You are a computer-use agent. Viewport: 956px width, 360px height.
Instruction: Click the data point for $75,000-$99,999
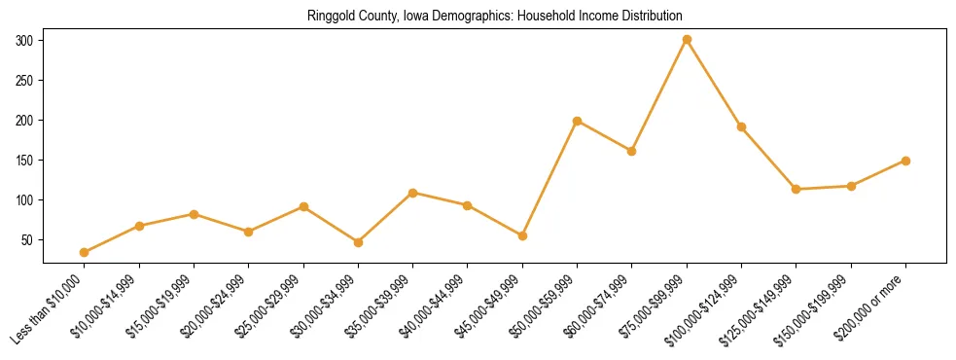tap(687, 40)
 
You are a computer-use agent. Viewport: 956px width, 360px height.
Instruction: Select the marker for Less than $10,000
tap(85, 252)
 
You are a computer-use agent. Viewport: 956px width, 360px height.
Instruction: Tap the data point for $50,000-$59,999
tap(578, 122)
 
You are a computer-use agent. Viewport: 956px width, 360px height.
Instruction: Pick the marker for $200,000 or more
tap(905, 161)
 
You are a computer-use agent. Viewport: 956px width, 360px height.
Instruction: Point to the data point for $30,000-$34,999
tap(358, 242)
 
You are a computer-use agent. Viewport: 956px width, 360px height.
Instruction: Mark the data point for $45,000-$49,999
tap(522, 235)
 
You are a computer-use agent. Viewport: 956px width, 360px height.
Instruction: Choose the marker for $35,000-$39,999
tap(413, 193)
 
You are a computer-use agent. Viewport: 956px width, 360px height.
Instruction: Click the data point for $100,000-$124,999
tap(742, 126)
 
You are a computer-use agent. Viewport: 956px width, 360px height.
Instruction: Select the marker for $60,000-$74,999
tap(632, 151)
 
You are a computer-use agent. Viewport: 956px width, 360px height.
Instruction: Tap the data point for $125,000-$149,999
tap(797, 189)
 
